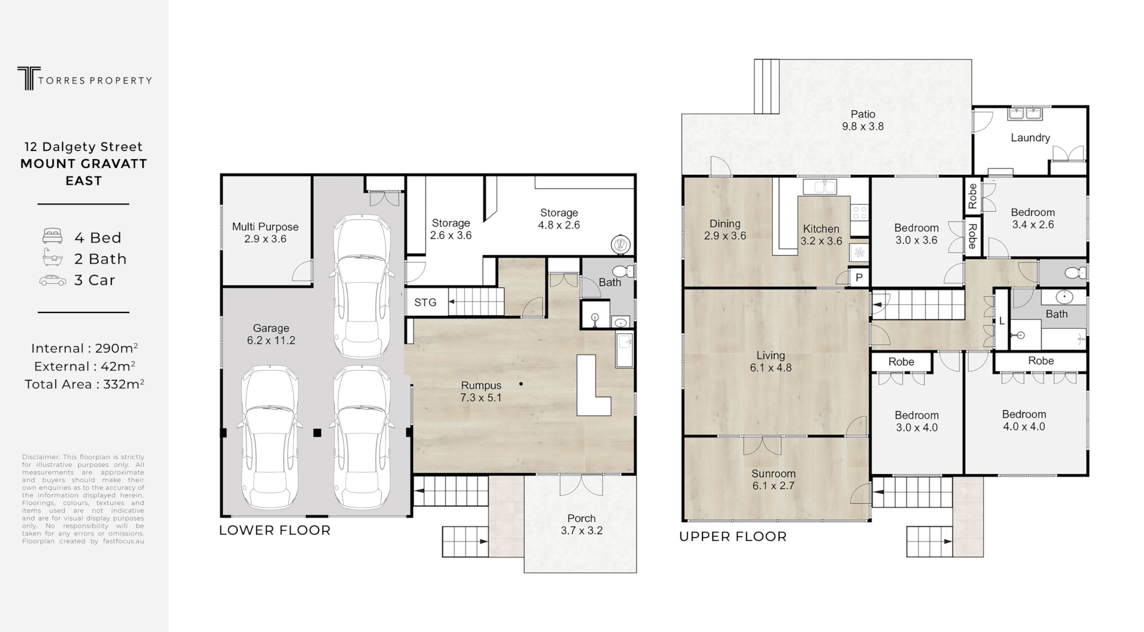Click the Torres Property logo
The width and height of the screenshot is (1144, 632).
pyautogui.click(x=84, y=79)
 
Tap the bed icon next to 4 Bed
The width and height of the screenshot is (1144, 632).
pyautogui.click(x=52, y=236)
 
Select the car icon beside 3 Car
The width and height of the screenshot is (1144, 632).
pyautogui.click(x=52, y=280)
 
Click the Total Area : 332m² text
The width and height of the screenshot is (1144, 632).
pyautogui.click(x=84, y=385)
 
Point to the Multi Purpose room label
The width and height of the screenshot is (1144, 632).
pyautogui.click(x=265, y=233)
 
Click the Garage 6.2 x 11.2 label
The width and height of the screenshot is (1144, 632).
pyautogui.click(x=271, y=334)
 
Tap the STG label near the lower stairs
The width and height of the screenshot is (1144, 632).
pyautogui.click(x=425, y=302)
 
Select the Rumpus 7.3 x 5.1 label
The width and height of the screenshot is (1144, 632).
pyautogui.click(x=481, y=391)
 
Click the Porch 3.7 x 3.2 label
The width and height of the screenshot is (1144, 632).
pyautogui.click(x=581, y=524)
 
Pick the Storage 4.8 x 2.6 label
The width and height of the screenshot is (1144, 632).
pyautogui.click(x=558, y=219)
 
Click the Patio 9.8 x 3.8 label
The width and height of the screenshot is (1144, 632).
pyautogui.click(x=862, y=120)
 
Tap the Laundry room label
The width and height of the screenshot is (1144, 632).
pyautogui.click(x=1030, y=138)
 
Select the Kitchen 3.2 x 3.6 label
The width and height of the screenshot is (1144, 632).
pyautogui.click(x=820, y=234)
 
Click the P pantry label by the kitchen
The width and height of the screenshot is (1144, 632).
pyautogui.click(x=859, y=277)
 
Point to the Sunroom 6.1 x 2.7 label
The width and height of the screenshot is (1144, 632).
pyautogui.click(x=773, y=479)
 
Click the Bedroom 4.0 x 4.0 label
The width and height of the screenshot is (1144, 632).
pyautogui.click(x=1024, y=420)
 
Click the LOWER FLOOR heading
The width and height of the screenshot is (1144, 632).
pyautogui.click(x=275, y=530)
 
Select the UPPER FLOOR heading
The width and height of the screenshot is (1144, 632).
pyautogui.click(x=733, y=537)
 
